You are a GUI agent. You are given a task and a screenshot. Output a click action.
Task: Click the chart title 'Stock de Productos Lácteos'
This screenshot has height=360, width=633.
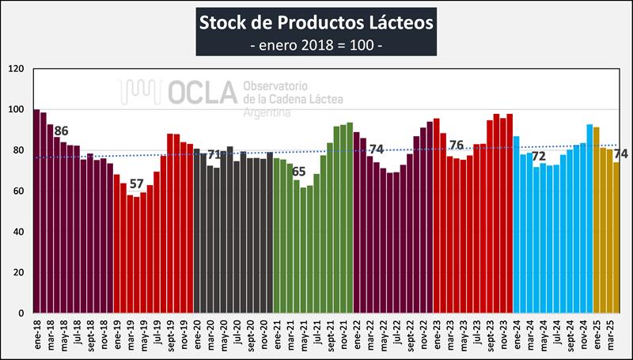(316, 21)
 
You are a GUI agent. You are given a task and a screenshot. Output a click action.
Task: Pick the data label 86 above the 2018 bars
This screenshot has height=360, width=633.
(61, 131)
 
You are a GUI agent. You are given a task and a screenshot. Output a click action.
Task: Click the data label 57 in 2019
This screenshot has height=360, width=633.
(137, 184)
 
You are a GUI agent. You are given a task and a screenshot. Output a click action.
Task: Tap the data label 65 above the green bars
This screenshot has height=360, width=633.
(298, 171)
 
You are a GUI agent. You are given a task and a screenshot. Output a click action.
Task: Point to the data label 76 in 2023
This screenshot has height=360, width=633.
(457, 145)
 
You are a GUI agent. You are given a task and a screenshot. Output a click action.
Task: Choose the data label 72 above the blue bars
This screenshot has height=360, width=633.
(538, 156)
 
